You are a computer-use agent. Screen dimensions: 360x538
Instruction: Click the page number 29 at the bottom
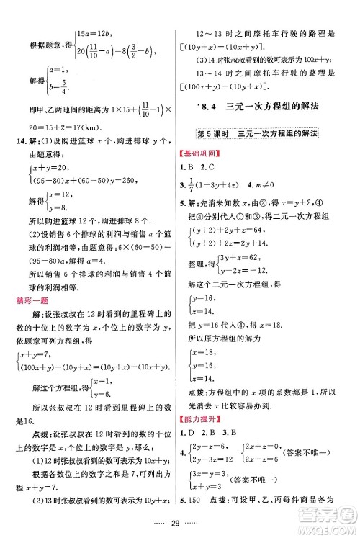coord(179,521)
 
